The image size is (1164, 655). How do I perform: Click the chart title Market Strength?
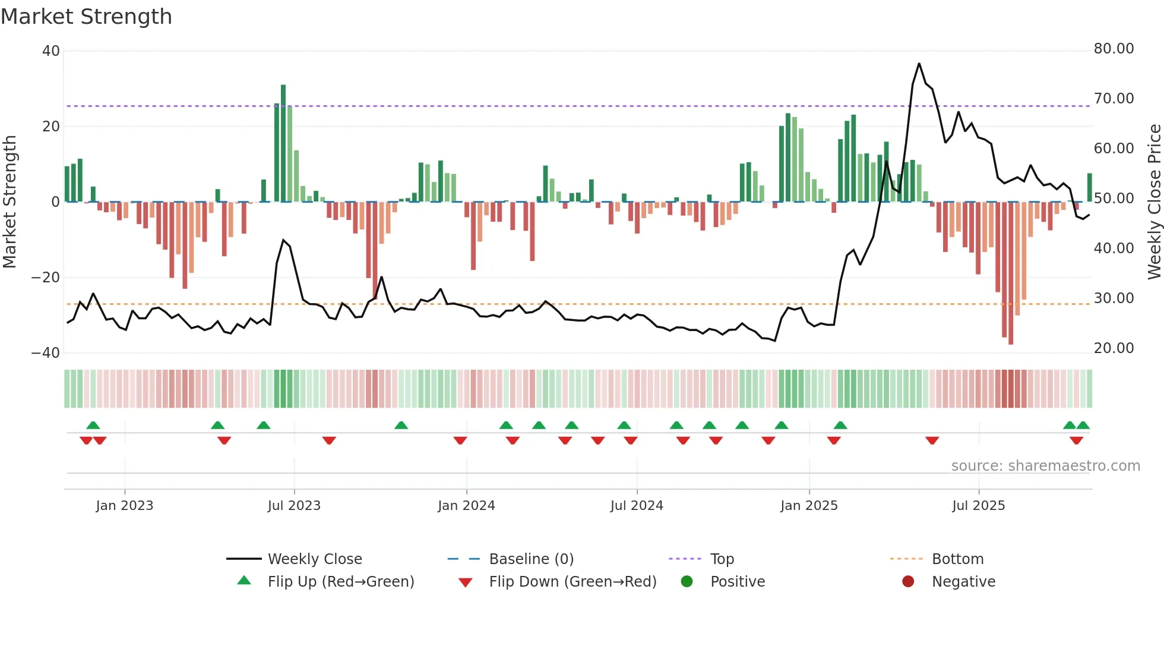(86, 17)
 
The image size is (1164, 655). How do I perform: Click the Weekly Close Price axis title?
(1154, 201)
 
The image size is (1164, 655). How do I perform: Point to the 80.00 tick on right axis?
(1114, 49)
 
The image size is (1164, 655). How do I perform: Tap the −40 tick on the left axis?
(46, 353)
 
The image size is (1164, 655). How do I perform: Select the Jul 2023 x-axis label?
(294, 506)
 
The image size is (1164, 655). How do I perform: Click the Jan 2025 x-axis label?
(809, 506)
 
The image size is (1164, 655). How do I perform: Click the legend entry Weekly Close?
(314, 559)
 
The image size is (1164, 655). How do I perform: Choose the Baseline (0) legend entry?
(531, 559)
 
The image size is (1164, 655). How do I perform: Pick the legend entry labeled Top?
(722, 559)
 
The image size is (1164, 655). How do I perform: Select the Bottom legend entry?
(957, 559)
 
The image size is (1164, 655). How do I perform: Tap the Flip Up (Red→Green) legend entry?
(340, 582)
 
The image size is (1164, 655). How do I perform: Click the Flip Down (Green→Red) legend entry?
(572, 582)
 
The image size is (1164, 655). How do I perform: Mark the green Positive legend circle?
(687, 582)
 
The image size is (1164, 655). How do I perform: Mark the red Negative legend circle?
(908, 582)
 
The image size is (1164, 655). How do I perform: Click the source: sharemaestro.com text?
(1045, 466)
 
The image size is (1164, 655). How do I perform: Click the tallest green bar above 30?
(283, 143)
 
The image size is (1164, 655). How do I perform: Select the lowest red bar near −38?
(1011, 273)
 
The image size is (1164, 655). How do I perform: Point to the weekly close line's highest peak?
(919, 64)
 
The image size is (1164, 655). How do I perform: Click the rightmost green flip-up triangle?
(1083, 426)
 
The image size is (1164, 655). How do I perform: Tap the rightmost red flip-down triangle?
(1076, 440)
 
